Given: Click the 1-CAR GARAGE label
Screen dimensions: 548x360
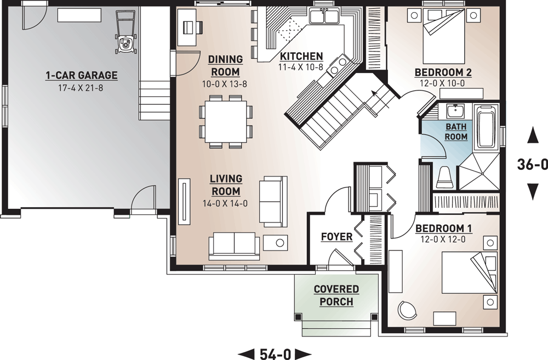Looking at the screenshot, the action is coord(82,75).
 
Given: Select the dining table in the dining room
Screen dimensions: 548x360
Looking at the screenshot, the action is coord(226,121).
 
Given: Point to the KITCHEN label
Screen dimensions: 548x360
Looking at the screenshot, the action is coord(301,56).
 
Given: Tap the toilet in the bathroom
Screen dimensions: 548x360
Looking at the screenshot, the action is coord(445,178).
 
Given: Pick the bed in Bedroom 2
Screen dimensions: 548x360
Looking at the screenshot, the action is coord(444,36).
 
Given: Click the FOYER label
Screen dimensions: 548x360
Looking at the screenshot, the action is coord(336,237).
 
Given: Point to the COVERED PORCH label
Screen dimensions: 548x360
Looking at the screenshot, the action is coord(336,295).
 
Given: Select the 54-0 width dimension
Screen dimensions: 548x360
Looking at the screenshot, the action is coord(275,354).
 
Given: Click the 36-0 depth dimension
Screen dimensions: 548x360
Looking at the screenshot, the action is coord(532,164).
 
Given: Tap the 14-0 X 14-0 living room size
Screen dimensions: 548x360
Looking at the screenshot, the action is coord(225,203).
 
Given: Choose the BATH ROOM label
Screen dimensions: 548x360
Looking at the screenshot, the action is coord(456,132).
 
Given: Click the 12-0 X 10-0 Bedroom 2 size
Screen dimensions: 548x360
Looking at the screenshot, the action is coord(443,83).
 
